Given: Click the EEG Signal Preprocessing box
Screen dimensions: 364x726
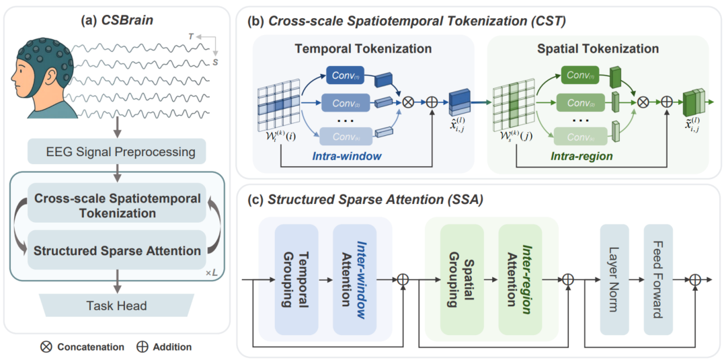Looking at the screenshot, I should (116, 151).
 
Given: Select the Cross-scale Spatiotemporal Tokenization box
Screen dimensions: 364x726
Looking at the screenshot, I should (117, 205).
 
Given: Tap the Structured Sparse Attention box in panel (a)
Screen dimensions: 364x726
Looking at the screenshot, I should (117, 250).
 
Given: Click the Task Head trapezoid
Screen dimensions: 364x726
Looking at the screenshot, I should (116, 305).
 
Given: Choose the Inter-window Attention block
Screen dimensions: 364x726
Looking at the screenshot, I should (354, 279).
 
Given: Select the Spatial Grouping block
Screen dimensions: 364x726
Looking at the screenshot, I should (461, 279).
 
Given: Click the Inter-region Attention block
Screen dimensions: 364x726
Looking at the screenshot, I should (520, 279).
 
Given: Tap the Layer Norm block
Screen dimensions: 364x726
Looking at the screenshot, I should (614, 279).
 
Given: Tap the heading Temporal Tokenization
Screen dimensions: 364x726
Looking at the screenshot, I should (363, 48).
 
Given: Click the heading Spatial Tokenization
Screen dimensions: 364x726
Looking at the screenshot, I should (598, 48).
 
